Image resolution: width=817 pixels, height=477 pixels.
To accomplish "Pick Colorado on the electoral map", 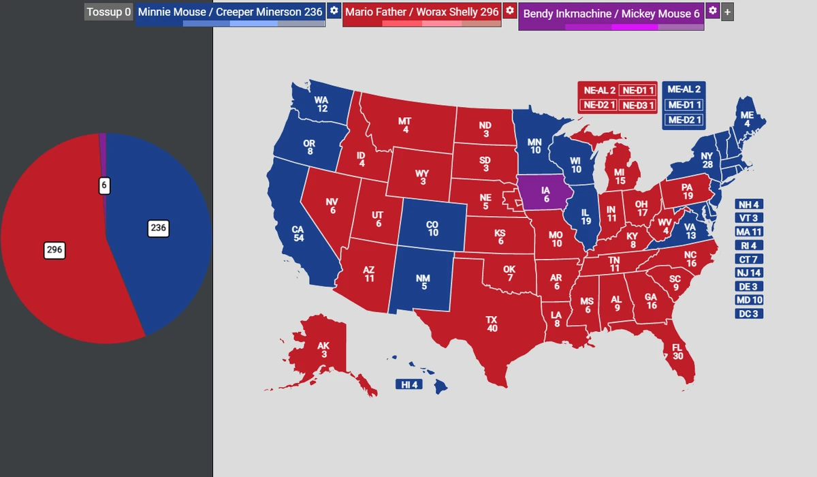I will click(x=432, y=228).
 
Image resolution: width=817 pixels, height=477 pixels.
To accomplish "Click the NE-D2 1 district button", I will click(x=598, y=105).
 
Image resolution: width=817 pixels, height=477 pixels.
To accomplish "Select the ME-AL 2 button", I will click(x=684, y=89).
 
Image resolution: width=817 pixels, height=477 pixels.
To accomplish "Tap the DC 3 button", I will click(x=749, y=313).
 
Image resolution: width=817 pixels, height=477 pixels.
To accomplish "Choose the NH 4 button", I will click(x=749, y=204).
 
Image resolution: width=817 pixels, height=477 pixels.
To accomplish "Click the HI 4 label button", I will click(x=409, y=385).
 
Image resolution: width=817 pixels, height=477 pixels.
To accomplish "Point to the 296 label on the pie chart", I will click(x=54, y=250).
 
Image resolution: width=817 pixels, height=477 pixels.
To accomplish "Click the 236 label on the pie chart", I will click(x=159, y=228).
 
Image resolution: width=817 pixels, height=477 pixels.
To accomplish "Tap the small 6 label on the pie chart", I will click(x=104, y=185).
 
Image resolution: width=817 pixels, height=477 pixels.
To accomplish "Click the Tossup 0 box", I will click(x=108, y=12).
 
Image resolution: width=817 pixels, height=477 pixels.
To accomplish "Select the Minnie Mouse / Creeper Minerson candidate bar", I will click(x=230, y=12).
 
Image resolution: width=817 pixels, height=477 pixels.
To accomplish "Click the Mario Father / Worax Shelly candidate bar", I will click(x=421, y=12).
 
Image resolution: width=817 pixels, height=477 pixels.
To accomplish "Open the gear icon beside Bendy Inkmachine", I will click(x=712, y=11).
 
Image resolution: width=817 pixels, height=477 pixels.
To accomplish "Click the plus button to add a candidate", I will click(x=728, y=12).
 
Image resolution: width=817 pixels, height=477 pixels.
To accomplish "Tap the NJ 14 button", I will click(x=749, y=273).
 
